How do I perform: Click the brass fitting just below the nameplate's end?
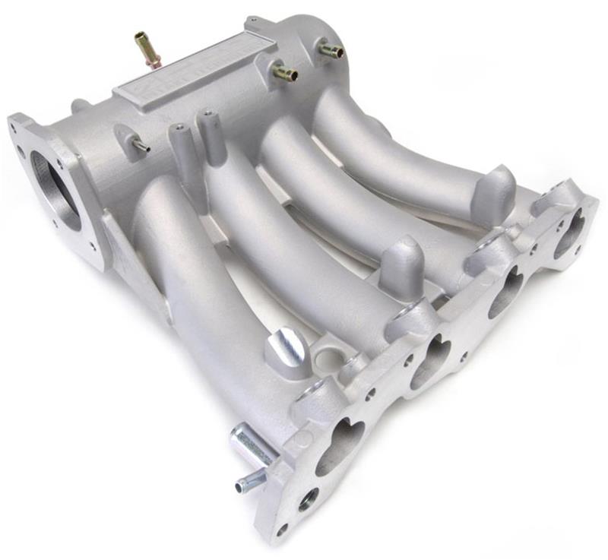coord(284,73)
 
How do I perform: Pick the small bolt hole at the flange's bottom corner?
coord(282,529)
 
